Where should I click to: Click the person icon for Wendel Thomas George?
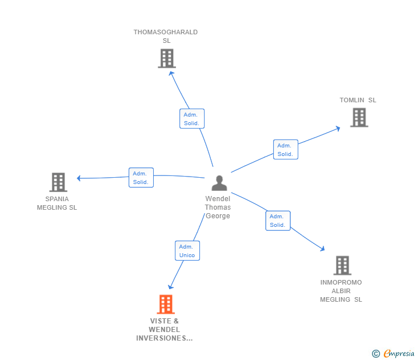click(219, 183)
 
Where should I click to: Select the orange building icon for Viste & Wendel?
click(166, 305)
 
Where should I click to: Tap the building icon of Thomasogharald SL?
click(166, 58)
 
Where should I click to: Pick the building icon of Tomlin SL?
click(359, 118)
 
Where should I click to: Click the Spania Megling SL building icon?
click(58, 182)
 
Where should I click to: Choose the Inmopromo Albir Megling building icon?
click(342, 265)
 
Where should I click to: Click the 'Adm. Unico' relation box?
click(187, 251)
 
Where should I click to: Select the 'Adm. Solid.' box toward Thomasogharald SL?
click(191, 119)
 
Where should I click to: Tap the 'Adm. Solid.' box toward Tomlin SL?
click(285, 150)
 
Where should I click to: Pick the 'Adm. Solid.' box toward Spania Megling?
click(141, 178)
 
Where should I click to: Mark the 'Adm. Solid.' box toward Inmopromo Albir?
click(278, 221)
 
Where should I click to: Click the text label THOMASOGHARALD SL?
click(166, 37)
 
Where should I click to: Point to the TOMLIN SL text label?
click(358, 100)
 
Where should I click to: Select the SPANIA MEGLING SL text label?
click(57, 203)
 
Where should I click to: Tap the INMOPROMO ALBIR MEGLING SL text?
click(341, 291)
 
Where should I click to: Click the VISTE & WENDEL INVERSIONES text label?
click(165, 330)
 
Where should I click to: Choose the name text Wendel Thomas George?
click(218, 207)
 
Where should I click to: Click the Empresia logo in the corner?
click(394, 354)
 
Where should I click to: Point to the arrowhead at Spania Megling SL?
click(79, 178)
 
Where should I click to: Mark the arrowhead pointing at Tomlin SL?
click(338, 128)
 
